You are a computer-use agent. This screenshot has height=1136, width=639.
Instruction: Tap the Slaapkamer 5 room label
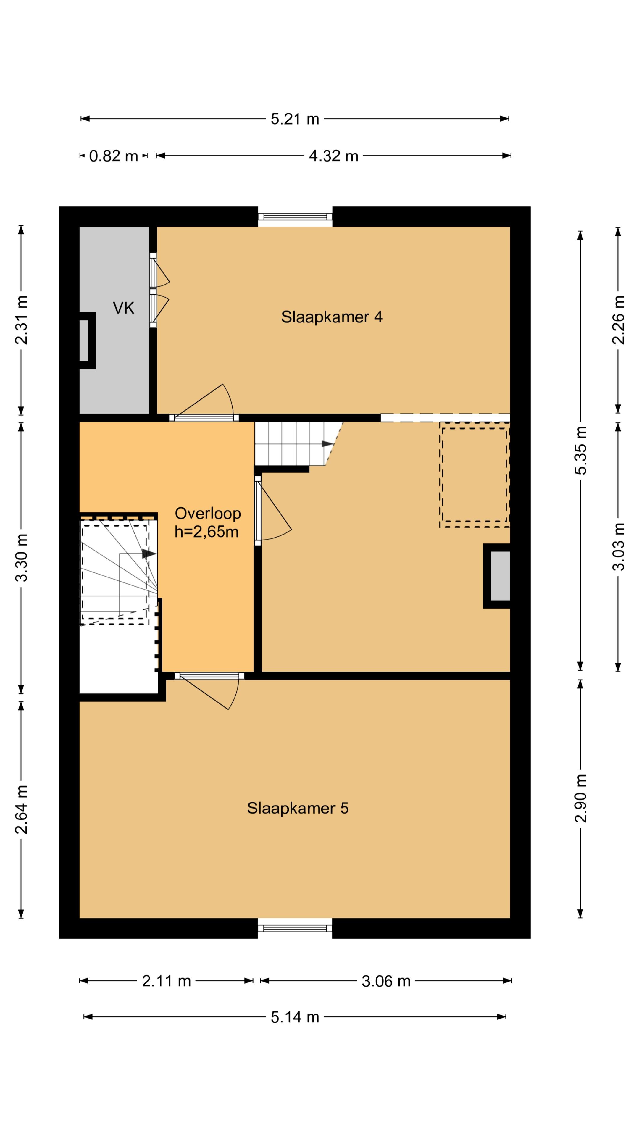(298, 808)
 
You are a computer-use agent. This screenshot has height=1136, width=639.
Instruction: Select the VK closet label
(123, 308)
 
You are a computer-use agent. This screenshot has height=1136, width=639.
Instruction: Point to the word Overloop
(208, 513)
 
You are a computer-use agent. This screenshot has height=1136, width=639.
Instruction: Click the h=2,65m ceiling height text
(206, 532)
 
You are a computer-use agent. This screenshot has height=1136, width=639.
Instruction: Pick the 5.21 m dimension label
(295, 119)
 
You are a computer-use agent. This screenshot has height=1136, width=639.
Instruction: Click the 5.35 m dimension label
(581, 450)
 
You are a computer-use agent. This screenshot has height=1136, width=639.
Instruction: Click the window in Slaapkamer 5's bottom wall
(295, 928)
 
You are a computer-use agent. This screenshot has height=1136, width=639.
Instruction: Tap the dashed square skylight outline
(475, 475)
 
